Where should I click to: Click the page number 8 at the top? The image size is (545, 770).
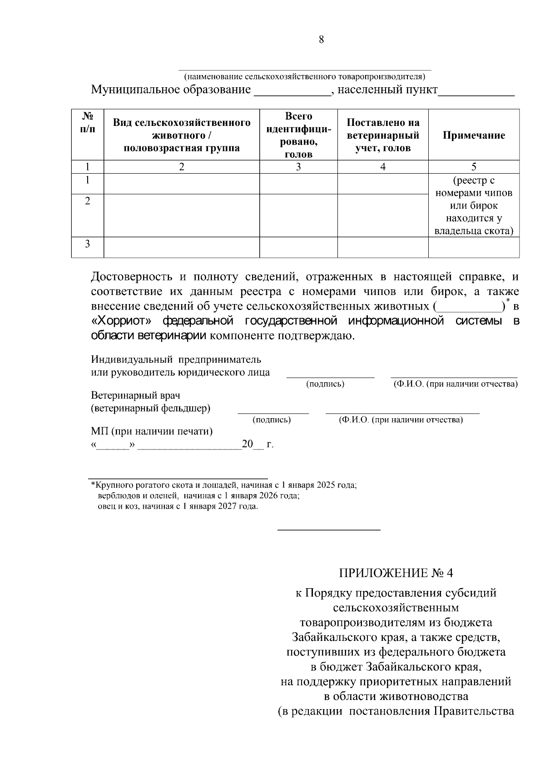pos(321,40)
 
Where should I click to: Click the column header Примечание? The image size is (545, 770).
pos(473,135)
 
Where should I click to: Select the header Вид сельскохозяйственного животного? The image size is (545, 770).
pos(182,135)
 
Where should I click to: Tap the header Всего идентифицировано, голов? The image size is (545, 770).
pos(298,135)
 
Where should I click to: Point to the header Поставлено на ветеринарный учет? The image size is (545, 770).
pos(382,135)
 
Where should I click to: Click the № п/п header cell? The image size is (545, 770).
pos(88,123)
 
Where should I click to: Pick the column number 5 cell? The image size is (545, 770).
pos(474,167)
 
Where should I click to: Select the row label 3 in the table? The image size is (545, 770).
pos(88,244)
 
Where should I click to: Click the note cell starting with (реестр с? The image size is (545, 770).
pos(474,205)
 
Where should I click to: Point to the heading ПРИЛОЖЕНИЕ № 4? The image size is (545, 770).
pos(396,572)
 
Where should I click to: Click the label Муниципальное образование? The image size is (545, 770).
pos(171,90)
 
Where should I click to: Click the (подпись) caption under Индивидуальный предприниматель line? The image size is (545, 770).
pos(325,385)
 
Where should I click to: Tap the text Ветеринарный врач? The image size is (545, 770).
pos(136,395)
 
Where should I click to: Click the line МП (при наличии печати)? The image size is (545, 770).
pos(152,431)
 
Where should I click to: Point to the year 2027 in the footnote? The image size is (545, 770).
pos(229,506)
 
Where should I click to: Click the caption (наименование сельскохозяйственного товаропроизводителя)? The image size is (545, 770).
pos(304,76)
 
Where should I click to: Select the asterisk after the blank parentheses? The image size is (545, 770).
pos(508,301)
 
